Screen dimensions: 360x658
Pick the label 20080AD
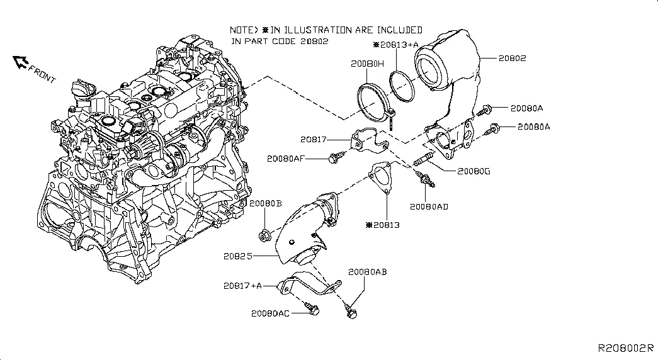point(429,206)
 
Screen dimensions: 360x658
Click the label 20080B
point(265,204)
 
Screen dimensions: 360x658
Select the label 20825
point(237,257)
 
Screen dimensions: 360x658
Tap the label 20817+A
point(242,286)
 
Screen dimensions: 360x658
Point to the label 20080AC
point(270,313)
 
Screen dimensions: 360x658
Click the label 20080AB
point(367,272)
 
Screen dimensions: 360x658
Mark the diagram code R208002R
point(626,348)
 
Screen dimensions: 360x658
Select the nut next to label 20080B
point(265,236)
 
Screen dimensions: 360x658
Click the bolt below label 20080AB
point(350,310)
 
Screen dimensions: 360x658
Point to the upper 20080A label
point(530,108)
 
